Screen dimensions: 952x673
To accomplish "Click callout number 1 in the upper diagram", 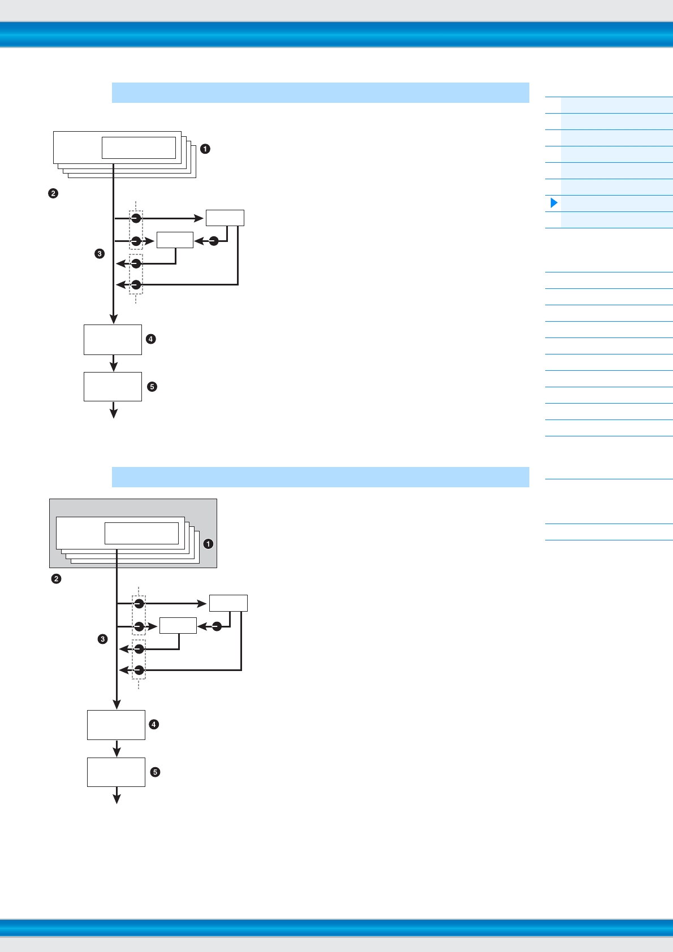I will coord(205,149).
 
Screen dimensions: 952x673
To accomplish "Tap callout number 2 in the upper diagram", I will coord(53,193).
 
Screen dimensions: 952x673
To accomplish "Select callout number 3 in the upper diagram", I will coord(100,254).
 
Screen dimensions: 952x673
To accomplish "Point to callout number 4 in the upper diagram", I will coord(150,339).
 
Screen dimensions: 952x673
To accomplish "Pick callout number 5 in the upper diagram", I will coord(152,387).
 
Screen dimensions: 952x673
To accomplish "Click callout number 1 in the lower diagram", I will coord(208,544).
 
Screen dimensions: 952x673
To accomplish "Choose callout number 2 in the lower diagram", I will coord(56,579).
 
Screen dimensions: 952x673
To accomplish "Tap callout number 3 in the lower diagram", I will coord(102,639).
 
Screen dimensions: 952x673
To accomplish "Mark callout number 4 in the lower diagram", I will coord(153,724).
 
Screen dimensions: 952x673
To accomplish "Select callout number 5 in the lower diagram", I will coord(155,772).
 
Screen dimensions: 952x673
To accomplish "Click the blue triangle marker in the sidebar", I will coord(554,203).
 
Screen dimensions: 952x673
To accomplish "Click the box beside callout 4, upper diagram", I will coord(113,340).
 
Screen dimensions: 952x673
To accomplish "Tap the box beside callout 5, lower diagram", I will coord(116,772).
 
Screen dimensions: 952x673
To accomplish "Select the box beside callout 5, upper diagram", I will coord(113,387).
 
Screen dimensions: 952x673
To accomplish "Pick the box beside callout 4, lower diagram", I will coord(116,725).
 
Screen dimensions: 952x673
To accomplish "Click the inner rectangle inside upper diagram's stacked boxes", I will coord(139,148).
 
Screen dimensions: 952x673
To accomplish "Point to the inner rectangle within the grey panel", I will coord(141,533).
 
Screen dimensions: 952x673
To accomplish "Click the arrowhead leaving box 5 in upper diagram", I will coord(114,413).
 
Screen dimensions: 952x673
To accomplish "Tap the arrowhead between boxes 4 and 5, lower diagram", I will coord(117,752).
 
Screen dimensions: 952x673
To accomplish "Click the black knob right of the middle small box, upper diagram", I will coord(214,241).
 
